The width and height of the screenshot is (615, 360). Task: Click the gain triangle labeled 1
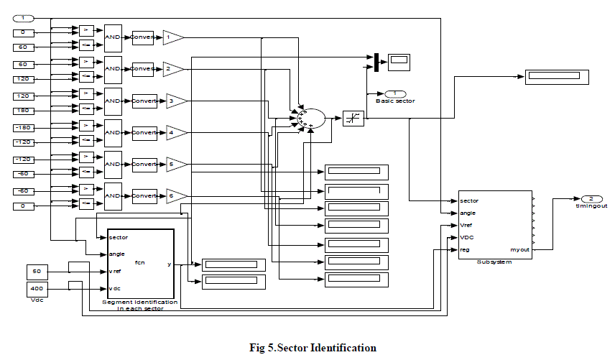pyautogui.click(x=172, y=37)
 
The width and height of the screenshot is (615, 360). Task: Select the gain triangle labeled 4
pyautogui.click(x=176, y=133)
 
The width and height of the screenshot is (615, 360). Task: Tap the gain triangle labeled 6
pyautogui.click(x=176, y=195)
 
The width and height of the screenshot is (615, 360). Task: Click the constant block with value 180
pyautogui.click(x=23, y=111)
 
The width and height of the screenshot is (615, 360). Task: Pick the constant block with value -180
pyautogui.click(x=23, y=127)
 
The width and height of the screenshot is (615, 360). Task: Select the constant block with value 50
pyautogui.click(x=37, y=272)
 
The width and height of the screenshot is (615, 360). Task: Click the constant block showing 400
pyautogui.click(x=37, y=289)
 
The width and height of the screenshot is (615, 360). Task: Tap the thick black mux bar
pyautogui.click(x=376, y=63)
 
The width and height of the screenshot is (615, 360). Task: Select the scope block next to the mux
pyautogui.click(x=399, y=62)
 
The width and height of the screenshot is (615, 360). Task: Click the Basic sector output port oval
pyautogui.click(x=396, y=94)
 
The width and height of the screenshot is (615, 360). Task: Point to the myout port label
pyautogui.click(x=519, y=249)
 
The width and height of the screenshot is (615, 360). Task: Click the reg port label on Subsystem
pyautogui.click(x=464, y=249)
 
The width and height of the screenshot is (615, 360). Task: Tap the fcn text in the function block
pyautogui.click(x=140, y=263)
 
